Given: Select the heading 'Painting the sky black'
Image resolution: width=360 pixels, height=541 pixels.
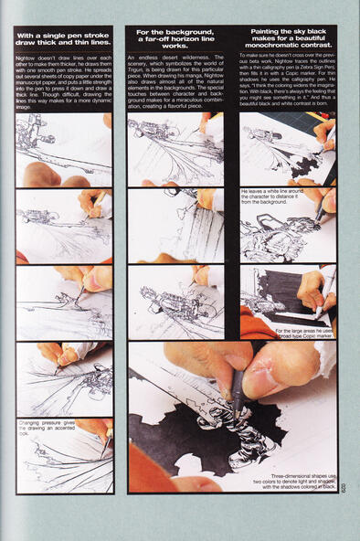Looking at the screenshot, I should (x=288, y=40).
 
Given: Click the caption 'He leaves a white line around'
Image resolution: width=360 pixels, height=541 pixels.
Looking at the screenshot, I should (x=273, y=196).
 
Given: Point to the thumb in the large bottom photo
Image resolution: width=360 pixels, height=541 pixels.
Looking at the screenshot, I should (x=272, y=370).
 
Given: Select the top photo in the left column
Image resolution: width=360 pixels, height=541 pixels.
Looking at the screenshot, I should (x=64, y=149).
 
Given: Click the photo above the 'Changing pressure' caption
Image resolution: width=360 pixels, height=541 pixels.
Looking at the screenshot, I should (x=64, y=379).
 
